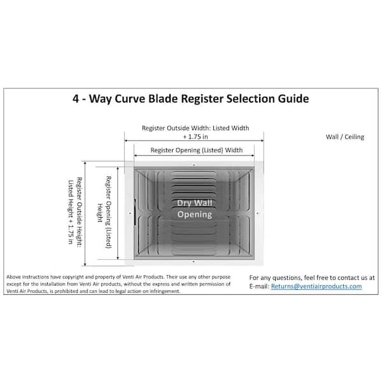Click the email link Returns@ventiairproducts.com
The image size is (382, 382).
pyautogui.click(x=316, y=286)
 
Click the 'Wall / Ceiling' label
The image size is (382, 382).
pyautogui.click(x=345, y=137)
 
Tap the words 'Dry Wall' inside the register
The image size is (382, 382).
pyautogui.click(x=195, y=203)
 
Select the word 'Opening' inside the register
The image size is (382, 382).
pyautogui.click(x=195, y=215)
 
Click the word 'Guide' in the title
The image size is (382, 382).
pyautogui.click(x=294, y=99)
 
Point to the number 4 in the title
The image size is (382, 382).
pyautogui.click(x=76, y=99)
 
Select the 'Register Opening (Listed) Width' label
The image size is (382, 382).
pyautogui.click(x=196, y=150)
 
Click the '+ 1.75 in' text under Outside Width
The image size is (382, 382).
pyautogui.click(x=195, y=137)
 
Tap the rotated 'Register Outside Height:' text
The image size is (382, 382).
pyautogui.click(x=79, y=212)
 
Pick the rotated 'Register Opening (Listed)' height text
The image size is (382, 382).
pyautogui.click(x=108, y=212)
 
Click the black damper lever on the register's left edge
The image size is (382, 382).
pyautogui.click(x=135, y=212)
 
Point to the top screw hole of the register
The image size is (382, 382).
pyautogui.click(x=194, y=165)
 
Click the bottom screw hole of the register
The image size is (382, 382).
pyautogui.click(x=194, y=262)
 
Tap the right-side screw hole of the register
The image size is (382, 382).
pyautogui.click(x=258, y=213)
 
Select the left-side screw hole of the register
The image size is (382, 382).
pyautogui.click(x=130, y=213)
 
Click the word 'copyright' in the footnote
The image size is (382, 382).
pyautogui.click(x=73, y=277)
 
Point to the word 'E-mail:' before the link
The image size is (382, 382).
pyautogui.click(x=259, y=286)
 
